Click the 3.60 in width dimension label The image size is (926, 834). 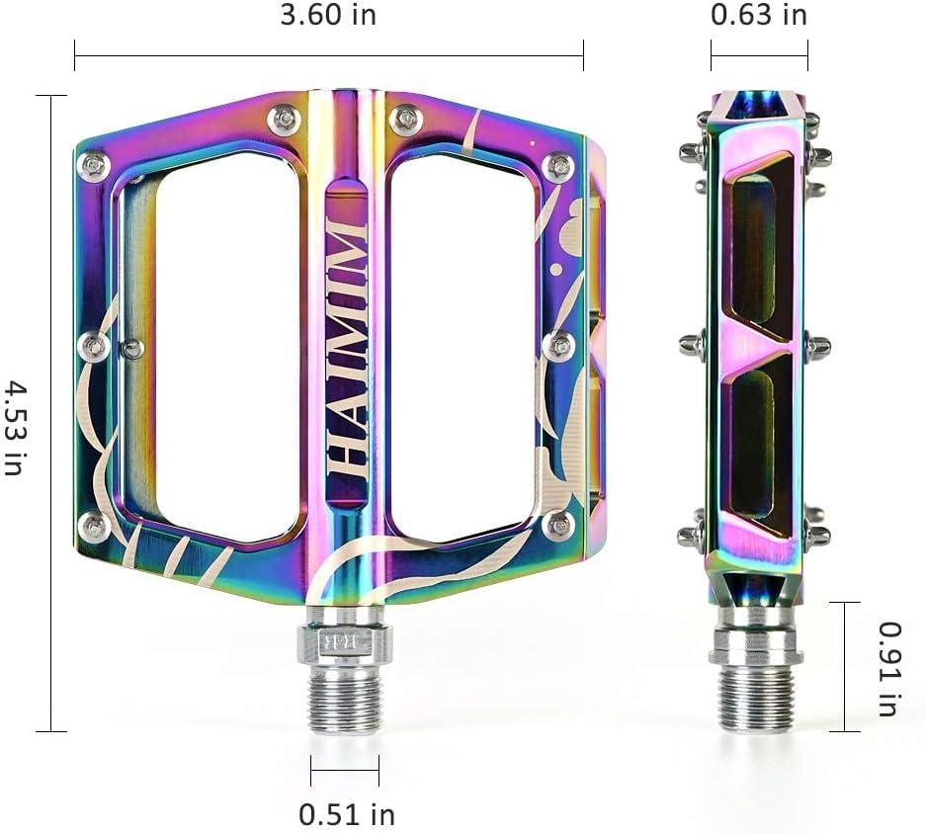[x=328, y=15]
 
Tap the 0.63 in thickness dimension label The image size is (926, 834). [x=759, y=15]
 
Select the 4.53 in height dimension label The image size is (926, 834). [x=13, y=427]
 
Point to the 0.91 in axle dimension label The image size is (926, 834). [x=889, y=668]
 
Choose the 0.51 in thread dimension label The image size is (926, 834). [x=347, y=814]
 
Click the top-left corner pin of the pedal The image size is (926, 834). [x=95, y=166]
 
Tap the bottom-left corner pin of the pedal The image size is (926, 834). [x=95, y=525]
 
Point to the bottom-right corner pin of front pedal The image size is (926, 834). [x=559, y=524]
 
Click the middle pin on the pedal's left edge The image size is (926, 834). [x=95, y=345]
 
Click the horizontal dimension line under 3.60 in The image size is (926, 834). [x=328, y=55]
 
